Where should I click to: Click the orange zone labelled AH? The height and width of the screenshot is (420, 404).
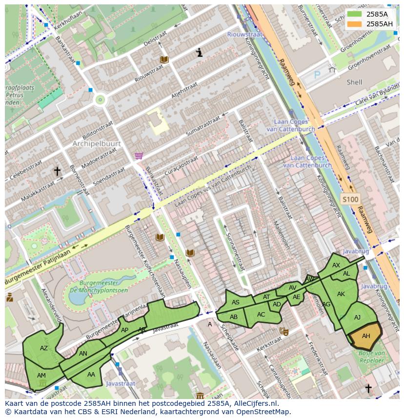(365, 336)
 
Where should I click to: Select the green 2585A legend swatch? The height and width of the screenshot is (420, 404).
(355, 14)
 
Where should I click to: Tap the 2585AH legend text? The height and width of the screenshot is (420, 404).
(380, 24)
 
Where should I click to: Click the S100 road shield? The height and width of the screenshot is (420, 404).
(349, 199)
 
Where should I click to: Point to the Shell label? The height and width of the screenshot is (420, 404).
(354, 82)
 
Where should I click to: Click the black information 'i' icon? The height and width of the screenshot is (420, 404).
(199, 53)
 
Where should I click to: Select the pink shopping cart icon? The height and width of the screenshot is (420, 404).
(139, 156)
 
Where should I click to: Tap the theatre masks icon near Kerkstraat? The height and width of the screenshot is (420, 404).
(283, 331)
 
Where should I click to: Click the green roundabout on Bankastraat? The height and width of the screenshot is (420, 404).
(101, 100)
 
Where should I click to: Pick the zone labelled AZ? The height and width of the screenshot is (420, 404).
(44, 348)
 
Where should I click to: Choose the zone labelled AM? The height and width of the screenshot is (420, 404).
(41, 375)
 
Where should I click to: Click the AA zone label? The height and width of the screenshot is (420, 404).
(91, 375)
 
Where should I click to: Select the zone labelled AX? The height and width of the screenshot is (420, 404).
(336, 265)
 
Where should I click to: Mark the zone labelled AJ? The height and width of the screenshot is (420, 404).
(357, 318)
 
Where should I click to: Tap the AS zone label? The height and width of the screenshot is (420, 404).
(236, 302)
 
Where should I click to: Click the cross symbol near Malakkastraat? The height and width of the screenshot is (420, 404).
(57, 171)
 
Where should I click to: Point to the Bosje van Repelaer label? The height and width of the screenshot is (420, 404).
(372, 356)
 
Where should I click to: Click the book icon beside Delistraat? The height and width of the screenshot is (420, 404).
(164, 60)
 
